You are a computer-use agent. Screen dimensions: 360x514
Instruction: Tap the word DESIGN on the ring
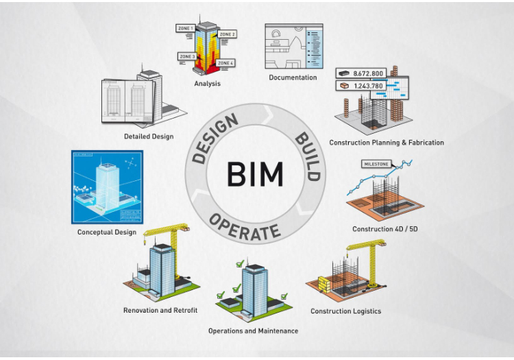point(215,139)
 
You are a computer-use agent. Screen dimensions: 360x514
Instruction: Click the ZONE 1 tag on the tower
point(184,28)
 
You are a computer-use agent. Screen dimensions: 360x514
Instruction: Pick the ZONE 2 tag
point(228,34)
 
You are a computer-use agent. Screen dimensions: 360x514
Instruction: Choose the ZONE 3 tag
point(186,56)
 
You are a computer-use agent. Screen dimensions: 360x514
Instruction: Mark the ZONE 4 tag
point(225,63)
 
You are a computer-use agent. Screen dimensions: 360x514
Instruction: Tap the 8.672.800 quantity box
point(362,73)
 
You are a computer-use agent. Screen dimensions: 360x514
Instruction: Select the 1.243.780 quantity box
point(362,86)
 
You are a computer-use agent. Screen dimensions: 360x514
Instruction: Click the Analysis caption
point(206,84)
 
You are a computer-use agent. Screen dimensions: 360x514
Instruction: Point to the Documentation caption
point(293,77)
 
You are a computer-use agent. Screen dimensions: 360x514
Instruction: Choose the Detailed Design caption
point(149,136)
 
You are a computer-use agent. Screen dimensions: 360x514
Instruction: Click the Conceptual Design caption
point(107,232)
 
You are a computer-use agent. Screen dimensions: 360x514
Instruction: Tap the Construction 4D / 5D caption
point(385,228)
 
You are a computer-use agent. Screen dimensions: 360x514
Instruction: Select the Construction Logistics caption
point(345,311)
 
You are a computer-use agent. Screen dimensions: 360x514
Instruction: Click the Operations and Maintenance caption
point(253,331)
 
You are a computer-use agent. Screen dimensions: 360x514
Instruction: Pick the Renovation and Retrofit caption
point(160,310)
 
